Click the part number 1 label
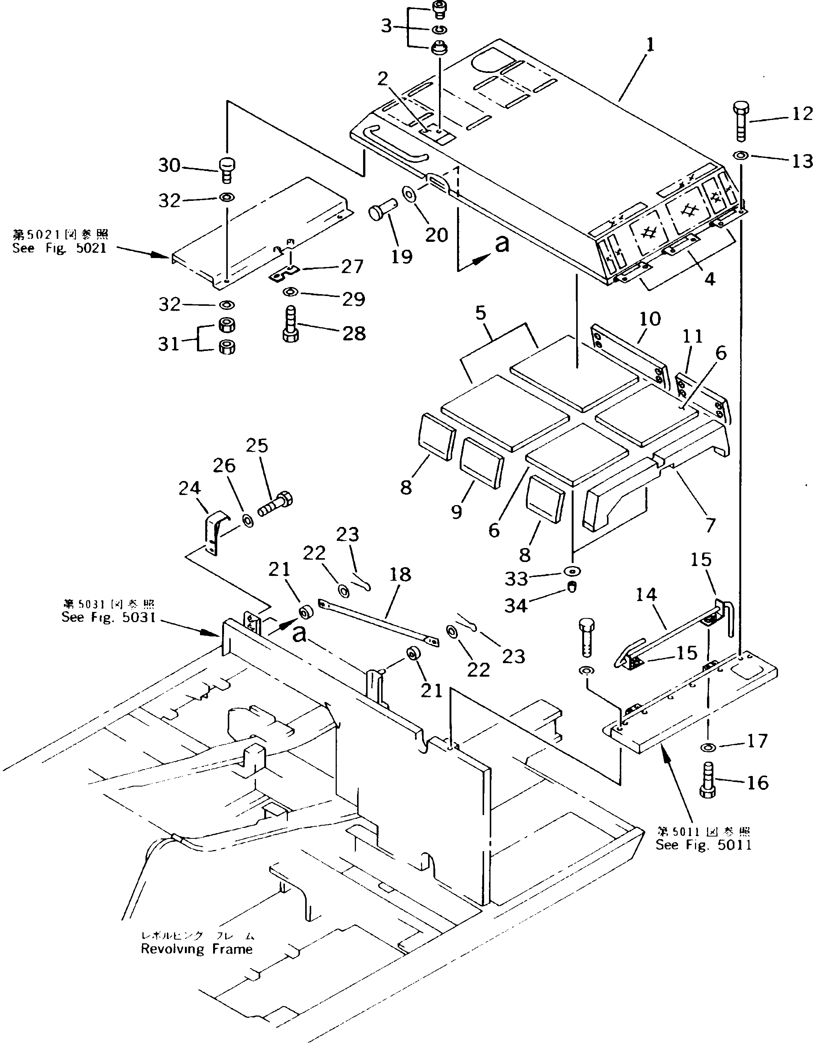(x=650, y=46)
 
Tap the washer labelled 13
(x=741, y=155)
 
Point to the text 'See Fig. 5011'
(x=703, y=845)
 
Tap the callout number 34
(x=516, y=606)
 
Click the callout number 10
(x=650, y=319)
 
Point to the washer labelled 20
(x=409, y=194)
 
